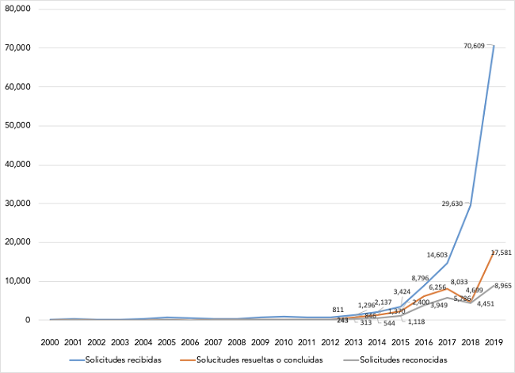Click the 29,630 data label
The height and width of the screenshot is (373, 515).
454,204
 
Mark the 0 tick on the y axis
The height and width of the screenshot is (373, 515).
28,320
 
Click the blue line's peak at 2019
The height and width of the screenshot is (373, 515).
493,45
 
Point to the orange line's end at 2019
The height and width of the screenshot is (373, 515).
493,252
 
